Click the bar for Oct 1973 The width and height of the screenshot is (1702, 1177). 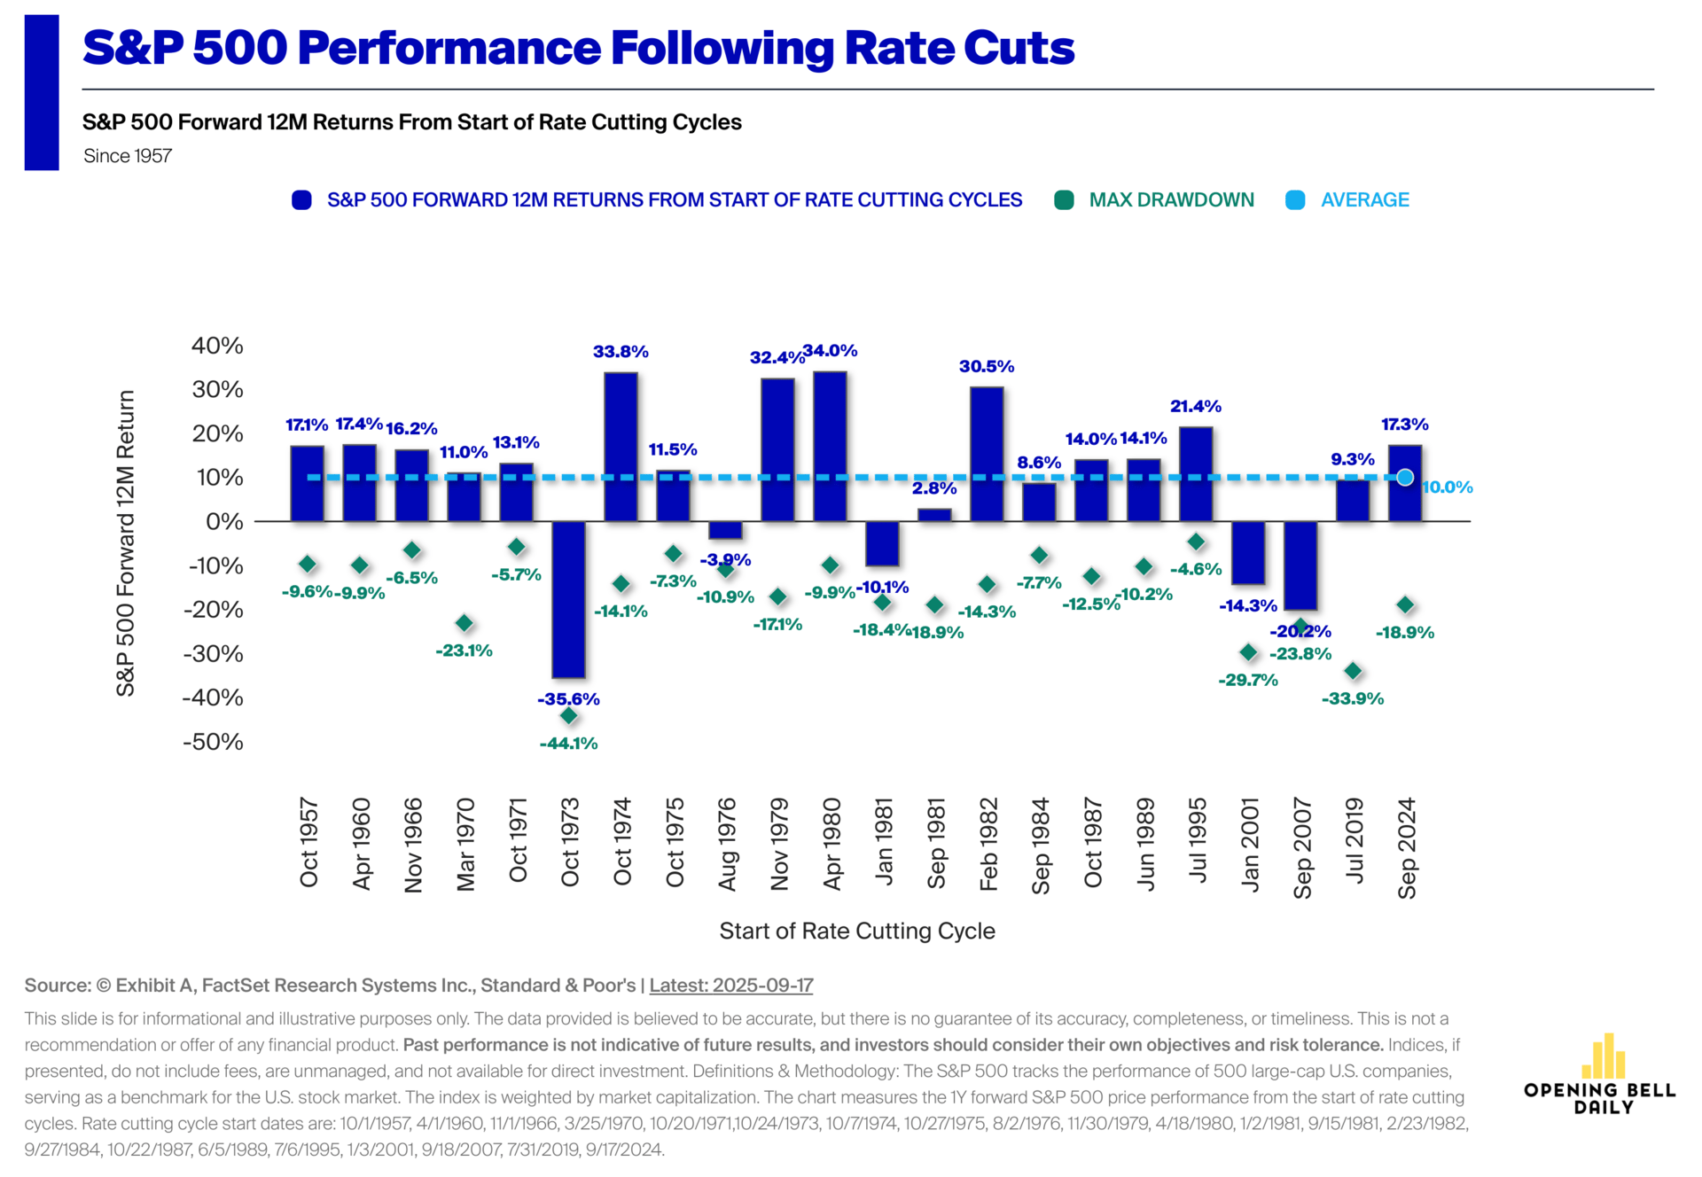pos(568,599)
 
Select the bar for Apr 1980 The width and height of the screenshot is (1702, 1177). pos(830,447)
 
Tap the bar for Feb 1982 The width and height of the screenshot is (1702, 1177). pos(987,454)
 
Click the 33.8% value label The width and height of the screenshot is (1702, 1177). pos(621,352)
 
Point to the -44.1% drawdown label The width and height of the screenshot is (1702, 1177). pos(568,744)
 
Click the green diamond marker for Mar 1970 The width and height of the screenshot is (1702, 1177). pos(464,623)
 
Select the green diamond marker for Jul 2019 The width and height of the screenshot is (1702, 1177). pos(1353,671)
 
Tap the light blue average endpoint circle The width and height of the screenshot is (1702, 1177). pos(1405,478)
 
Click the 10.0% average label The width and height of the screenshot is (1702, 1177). pos(1448,487)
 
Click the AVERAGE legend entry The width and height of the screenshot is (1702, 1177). pos(1348,200)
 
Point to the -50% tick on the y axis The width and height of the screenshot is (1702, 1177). pos(213,742)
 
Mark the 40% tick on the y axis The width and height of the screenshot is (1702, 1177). pos(217,346)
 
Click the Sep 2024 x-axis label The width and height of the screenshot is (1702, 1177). pos(1407,848)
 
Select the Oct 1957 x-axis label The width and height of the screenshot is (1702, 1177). pos(308,843)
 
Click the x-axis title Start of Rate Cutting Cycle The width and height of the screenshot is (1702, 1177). pos(857,931)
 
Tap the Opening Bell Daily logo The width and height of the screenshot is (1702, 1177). pos(1600,1075)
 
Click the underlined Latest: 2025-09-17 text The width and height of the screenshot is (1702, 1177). pos(731,986)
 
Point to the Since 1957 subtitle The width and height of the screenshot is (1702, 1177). pos(128,156)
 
